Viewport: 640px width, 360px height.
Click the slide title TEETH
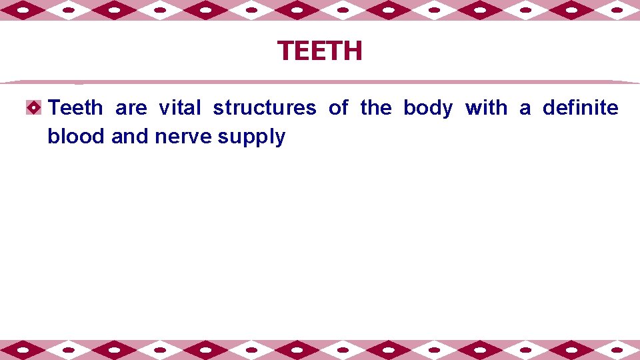click(x=320, y=51)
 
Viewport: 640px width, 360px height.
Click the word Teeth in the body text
click(x=76, y=107)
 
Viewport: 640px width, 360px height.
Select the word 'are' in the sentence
click(x=131, y=107)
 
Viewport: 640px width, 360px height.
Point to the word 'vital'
click(x=179, y=107)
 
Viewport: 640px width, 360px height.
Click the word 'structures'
click(x=265, y=107)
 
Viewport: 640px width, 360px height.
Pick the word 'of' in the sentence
click(x=338, y=107)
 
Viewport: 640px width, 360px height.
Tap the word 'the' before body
click(x=375, y=107)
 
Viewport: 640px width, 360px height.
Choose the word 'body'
click(x=428, y=107)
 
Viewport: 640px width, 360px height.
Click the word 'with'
click(x=486, y=107)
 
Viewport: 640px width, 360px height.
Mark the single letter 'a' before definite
click(x=525, y=107)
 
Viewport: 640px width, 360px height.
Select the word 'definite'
click(x=580, y=107)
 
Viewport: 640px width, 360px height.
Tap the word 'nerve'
click(x=183, y=137)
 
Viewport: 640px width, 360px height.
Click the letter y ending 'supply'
click(x=280, y=139)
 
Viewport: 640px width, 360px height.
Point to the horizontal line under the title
click(x=320, y=82)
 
